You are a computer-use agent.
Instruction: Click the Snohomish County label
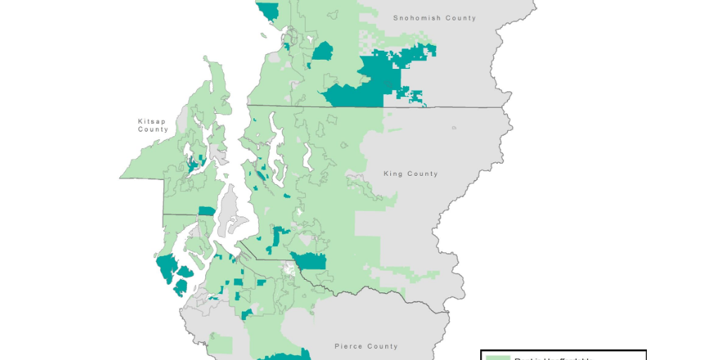[434, 18]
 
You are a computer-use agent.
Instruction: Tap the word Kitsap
[153, 121]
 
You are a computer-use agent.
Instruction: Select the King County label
[410, 174]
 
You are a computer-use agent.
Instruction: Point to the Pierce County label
[366, 346]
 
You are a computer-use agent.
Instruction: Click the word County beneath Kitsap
[153, 129]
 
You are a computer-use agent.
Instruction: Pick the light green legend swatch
[498, 358]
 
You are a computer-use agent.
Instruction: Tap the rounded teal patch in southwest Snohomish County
[323, 51]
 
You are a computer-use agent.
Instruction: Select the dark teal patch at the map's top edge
[269, 10]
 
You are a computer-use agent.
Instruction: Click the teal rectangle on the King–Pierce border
[311, 261]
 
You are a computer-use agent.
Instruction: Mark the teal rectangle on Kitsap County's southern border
[207, 211]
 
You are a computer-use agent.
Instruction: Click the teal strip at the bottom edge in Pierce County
[285, 356]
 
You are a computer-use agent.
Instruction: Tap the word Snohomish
[416, 18]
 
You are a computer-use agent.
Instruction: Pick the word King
[392, 174]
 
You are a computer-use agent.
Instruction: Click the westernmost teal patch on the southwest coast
[166, 267]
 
